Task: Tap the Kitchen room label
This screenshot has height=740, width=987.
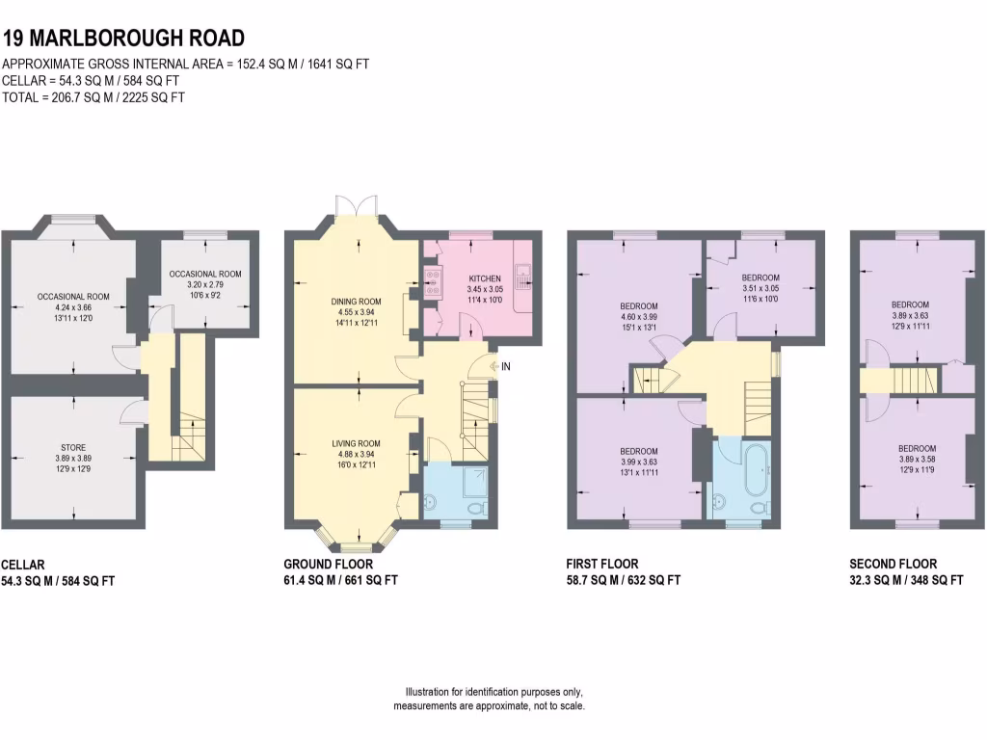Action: [x=483, y=278]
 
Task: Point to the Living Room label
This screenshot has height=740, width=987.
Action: [x=358, y=443]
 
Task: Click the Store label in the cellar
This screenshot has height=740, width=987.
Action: [x=73, y=446]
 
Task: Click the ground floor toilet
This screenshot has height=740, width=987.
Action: [x=475, y=507]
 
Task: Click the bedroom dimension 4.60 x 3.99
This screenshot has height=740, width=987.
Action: [x=638, y=316]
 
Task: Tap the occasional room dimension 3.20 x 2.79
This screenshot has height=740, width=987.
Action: [x=204, y=286]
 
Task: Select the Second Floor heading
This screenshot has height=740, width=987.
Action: [x=893, y=564]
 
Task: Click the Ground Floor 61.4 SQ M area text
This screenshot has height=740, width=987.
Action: [x=340, y=580]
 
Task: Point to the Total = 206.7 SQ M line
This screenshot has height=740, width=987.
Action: [x=94, y=96]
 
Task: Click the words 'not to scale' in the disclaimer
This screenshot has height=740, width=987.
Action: [x=557, y=706]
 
